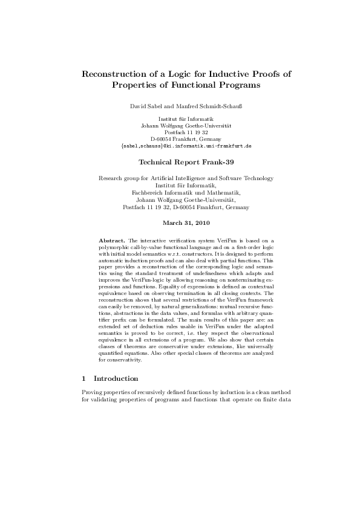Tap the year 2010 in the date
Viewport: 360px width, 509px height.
[201, 223]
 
